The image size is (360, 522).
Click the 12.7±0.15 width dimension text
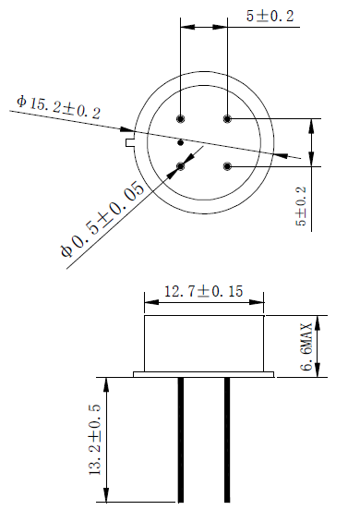203,291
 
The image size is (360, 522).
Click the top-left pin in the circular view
181,118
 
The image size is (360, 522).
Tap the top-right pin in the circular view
226,118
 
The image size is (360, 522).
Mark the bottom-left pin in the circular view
181,166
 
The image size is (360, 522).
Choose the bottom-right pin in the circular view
226,166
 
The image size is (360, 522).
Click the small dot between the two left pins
181,142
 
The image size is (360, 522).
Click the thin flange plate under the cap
204,374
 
